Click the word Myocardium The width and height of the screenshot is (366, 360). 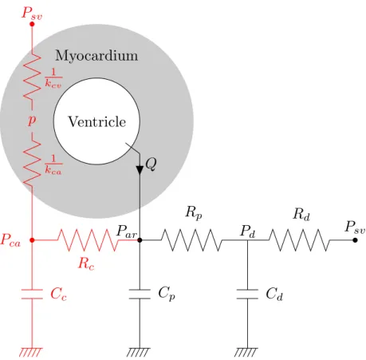[96, 56]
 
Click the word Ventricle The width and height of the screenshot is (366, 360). [97, 122]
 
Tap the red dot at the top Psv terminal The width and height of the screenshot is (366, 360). [32, 24]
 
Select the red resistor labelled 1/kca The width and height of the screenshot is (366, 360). [32, 163]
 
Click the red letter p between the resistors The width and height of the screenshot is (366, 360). [32, 120]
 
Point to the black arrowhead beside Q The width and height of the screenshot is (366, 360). [140, 170]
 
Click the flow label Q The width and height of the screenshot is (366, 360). [151, 164]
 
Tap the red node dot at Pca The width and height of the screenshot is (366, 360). [32, 240]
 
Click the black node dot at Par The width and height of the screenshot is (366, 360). [140, 240]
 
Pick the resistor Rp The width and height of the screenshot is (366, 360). [191, 240]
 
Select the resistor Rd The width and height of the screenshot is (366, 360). [299, 240]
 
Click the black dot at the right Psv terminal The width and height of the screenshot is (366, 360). [355, 240]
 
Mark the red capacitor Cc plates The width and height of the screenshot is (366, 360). [32, 294]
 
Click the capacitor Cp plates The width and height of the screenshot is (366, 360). [140, 294]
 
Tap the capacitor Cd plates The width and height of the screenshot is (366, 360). [247, 294]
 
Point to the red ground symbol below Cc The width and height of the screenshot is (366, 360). [31, 352]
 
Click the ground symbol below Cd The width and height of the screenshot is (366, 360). [246, 352]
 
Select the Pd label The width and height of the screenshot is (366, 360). [248, 231]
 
